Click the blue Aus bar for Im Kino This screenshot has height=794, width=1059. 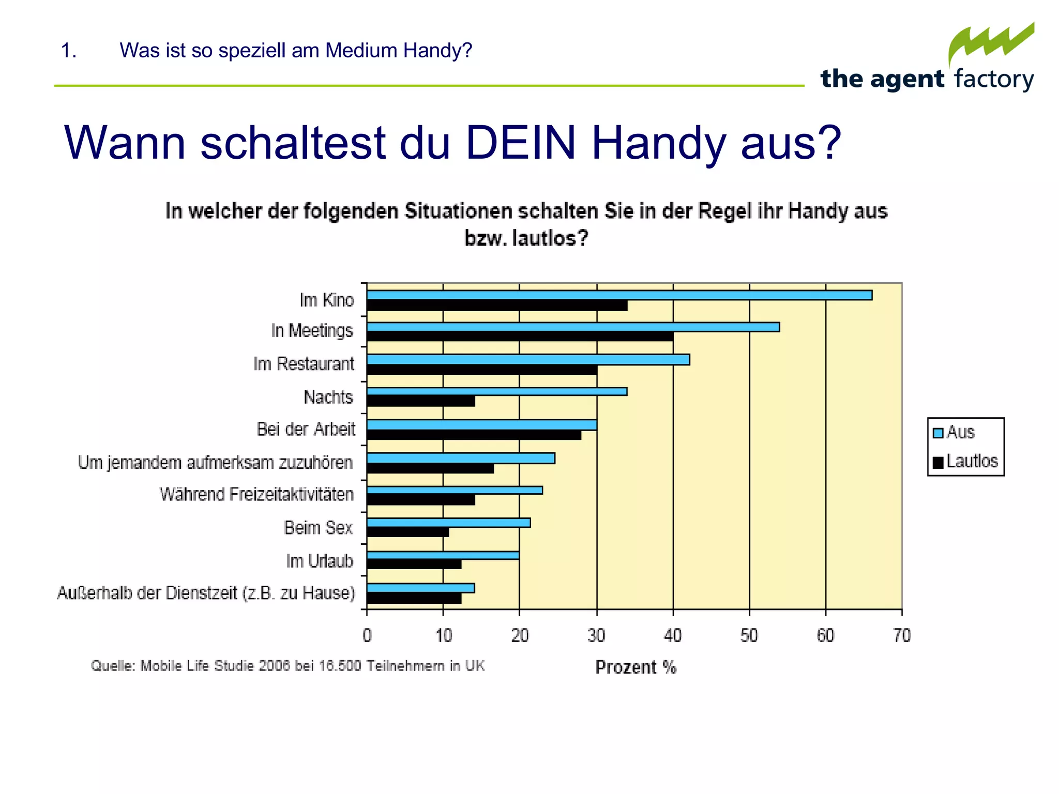619,295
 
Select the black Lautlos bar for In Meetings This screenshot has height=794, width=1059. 520,337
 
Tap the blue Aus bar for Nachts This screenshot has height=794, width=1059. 496,392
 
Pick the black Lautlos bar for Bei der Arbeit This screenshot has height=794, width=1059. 474,435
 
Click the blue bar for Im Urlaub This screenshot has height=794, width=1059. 443,555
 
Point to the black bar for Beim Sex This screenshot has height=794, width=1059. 407,532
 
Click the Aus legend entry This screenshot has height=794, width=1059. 955,432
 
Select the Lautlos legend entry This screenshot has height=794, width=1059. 965,461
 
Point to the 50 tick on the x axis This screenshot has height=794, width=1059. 749,635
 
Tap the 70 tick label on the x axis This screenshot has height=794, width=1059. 902,635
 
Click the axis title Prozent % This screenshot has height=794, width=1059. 636,667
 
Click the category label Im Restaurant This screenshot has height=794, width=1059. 304,364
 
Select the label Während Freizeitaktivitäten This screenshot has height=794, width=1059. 256,495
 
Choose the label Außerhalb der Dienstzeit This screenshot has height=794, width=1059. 206,593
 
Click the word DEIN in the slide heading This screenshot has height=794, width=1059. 521,143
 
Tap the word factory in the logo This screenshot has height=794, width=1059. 994,79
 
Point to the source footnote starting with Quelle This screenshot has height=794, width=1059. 288,666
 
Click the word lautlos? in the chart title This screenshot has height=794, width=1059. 550,238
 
